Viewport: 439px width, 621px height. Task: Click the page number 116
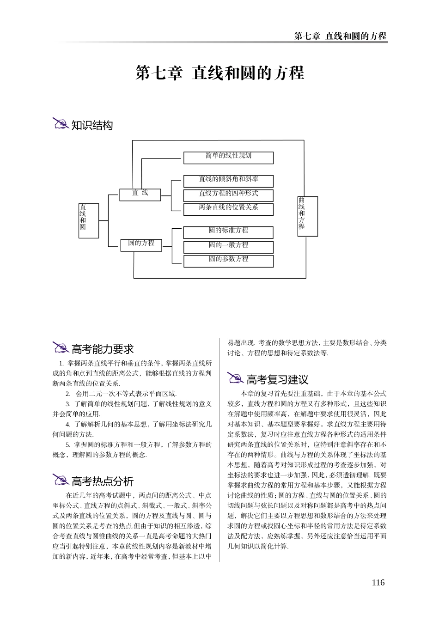pyautogui.click(x=378, y=583)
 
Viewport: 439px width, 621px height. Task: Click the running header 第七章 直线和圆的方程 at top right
pyautogui.click(x=340, y=36)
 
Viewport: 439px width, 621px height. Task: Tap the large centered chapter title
pyautogui.click(x=219, y=73)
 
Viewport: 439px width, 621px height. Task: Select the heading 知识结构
pyautogui.click(x=92, y=125)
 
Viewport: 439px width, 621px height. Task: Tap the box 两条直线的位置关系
pyautogui.click(x=228, y=209)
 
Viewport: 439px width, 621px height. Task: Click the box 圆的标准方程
pyautogui.click(x=228, y=231)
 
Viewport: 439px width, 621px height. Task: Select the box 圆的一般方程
pyautogui.click(x=228, y=246)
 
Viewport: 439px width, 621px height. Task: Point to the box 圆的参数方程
pyautogui.click(x=228, y=261)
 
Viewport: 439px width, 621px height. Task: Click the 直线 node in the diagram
pyautogui.click(x=140, y=194)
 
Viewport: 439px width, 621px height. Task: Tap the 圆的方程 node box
pyautogui.click(x=141, y=244)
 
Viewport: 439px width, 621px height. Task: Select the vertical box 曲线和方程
pyautogui.click(x=307, y=216)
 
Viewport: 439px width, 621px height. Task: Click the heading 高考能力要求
pyautogui.click(x=103, y=349)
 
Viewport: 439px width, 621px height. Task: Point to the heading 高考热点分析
pyautogui.click(x=103, y=481)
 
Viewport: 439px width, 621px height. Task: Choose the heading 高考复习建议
pyautogui.click(x=277, y=380)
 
